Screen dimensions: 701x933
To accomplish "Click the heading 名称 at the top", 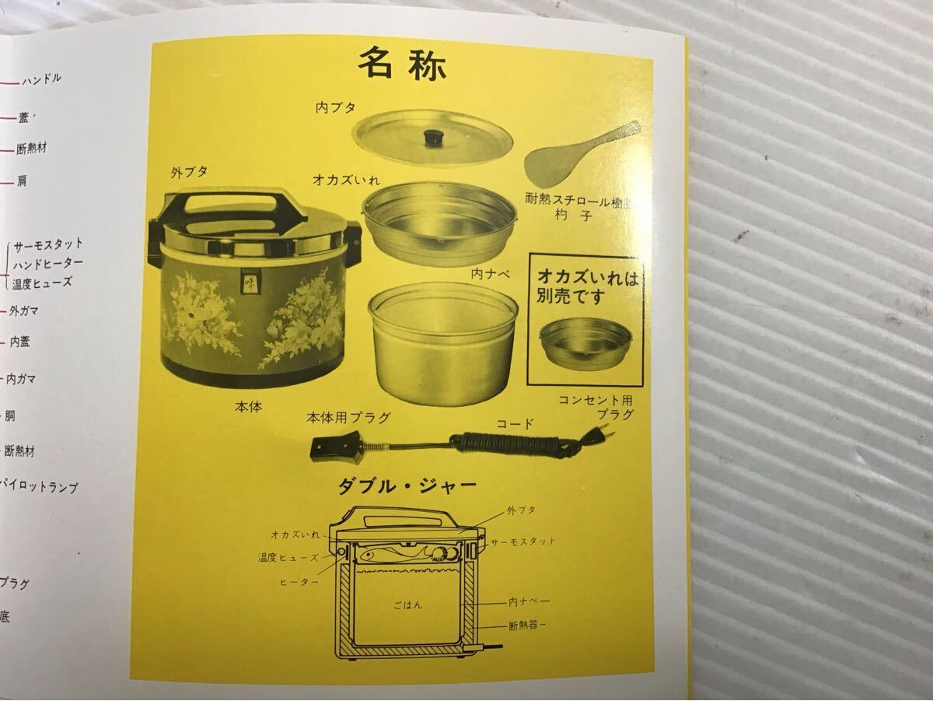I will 402,65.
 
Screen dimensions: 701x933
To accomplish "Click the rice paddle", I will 582,152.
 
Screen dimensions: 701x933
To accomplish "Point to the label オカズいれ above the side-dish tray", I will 346,180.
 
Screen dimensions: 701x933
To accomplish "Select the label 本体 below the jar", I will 249,407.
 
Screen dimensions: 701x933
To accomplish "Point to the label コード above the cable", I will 515,424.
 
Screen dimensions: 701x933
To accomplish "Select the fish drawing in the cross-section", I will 374,556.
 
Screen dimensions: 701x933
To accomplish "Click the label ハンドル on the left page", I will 41,79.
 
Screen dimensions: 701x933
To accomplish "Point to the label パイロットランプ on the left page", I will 40,488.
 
